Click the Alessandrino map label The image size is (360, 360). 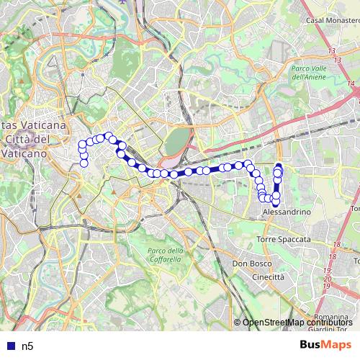point(287,213)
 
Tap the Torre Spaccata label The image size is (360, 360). point(284,238)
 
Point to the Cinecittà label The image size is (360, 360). point(269,276)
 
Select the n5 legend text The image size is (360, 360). point(28,346)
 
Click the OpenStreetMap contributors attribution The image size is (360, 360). point(297,323)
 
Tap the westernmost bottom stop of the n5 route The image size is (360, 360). point(84,163)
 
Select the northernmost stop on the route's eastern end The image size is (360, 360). point(279,167)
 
